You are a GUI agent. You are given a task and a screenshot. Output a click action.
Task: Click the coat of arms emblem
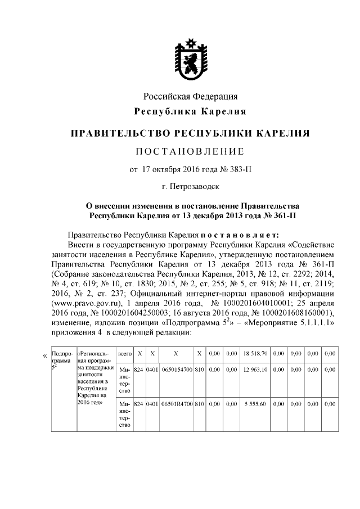(x=190, y=55)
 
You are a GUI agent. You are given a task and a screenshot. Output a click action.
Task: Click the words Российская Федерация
(x=190, y=97)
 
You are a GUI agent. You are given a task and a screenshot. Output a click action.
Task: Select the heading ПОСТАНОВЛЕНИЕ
(x=190, y=151)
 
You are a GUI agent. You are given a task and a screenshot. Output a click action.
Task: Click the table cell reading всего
(x=124, y=355)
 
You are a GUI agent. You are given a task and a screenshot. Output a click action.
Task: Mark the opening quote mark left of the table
(x=45, y=355)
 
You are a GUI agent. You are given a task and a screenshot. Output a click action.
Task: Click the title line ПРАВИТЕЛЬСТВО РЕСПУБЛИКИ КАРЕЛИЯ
(x=190, y=134)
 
